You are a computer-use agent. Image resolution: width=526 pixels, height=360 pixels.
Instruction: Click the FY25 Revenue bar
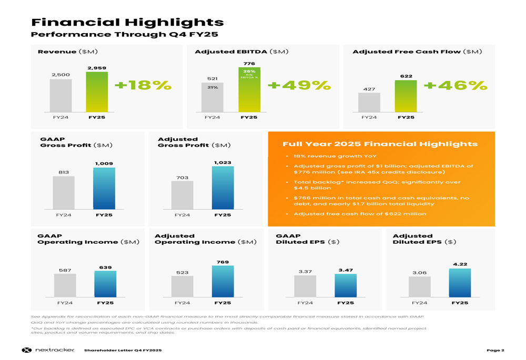pos(97,92)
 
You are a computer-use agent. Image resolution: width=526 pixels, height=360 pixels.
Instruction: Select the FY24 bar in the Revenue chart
pos(60,96)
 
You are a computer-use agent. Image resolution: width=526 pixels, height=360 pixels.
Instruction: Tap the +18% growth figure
pos(143,85)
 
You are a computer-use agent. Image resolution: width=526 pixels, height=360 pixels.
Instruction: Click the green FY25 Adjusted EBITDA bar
pos(249,95)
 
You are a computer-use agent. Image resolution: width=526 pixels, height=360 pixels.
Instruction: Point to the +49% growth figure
pos(299,85)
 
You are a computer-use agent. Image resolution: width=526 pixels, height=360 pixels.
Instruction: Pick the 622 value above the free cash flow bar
pos(406,76)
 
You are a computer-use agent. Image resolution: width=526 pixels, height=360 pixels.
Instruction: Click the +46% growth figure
pos(456,85)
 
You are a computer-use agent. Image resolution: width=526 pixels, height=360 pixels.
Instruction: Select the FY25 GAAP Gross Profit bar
pos(104,189)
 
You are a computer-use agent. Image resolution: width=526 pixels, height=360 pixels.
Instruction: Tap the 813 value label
pos(64,172)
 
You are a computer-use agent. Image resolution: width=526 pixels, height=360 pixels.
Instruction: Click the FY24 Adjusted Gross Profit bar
pos(182,196)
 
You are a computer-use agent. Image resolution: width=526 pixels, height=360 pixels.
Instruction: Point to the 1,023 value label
pos(222,162)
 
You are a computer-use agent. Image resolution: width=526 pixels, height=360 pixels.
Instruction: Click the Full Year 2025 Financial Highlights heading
pos(380,144)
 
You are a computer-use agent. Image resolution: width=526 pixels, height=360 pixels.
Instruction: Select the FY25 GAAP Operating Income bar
pos(105,284)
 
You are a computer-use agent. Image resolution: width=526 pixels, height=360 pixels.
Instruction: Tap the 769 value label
pos(222,262)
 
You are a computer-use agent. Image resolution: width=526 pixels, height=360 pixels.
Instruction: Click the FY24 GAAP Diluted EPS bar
pos(305,286)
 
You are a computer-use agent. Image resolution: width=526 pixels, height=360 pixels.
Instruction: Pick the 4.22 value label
pos(460,264)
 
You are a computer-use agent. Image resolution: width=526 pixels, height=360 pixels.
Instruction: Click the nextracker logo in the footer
pos(48,350)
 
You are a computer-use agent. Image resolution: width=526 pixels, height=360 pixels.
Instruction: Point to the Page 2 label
pos(495,350)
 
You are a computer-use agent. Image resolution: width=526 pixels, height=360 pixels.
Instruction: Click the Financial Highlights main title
pos(128,23)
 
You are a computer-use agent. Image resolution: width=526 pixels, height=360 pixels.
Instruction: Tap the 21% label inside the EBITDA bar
pos(213,87)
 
